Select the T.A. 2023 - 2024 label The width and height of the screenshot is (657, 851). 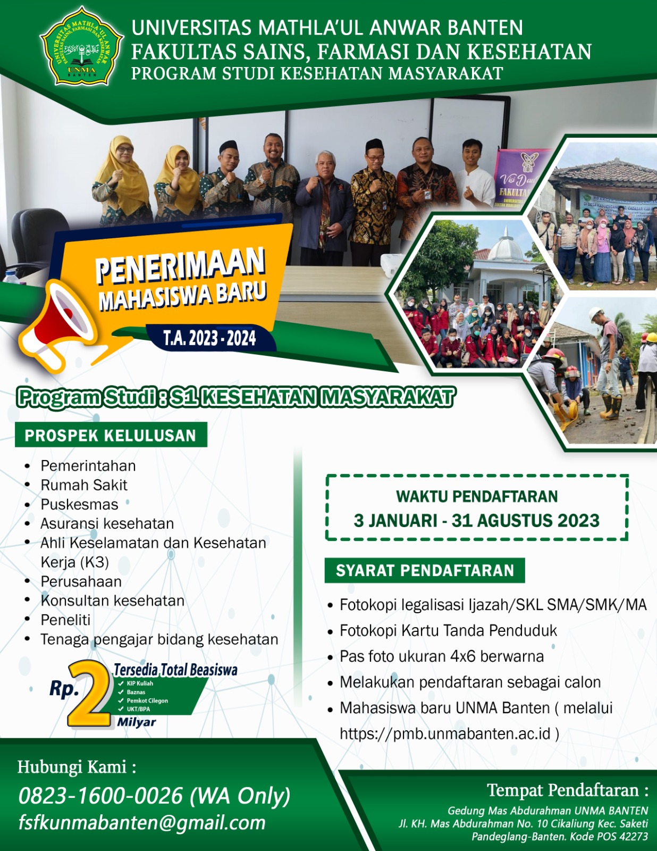[209, 338]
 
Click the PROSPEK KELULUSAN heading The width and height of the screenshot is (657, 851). [111, 436]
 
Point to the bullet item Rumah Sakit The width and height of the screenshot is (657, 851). [84, 485]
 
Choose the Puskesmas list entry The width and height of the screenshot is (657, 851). [80, 504]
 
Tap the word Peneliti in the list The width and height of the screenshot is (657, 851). [65, 620]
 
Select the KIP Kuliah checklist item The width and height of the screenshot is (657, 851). [140, 683]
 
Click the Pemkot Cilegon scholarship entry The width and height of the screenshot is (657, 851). [147, 700]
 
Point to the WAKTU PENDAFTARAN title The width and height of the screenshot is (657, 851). [477, 496]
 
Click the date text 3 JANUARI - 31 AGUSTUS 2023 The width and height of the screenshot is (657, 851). [477, 520]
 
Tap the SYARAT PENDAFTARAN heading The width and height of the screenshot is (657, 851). [425, 571]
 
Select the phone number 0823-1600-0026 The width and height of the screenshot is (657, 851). [101, 796]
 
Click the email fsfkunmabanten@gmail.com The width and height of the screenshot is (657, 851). [142, 822]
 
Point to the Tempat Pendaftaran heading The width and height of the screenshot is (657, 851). [567, 790]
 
